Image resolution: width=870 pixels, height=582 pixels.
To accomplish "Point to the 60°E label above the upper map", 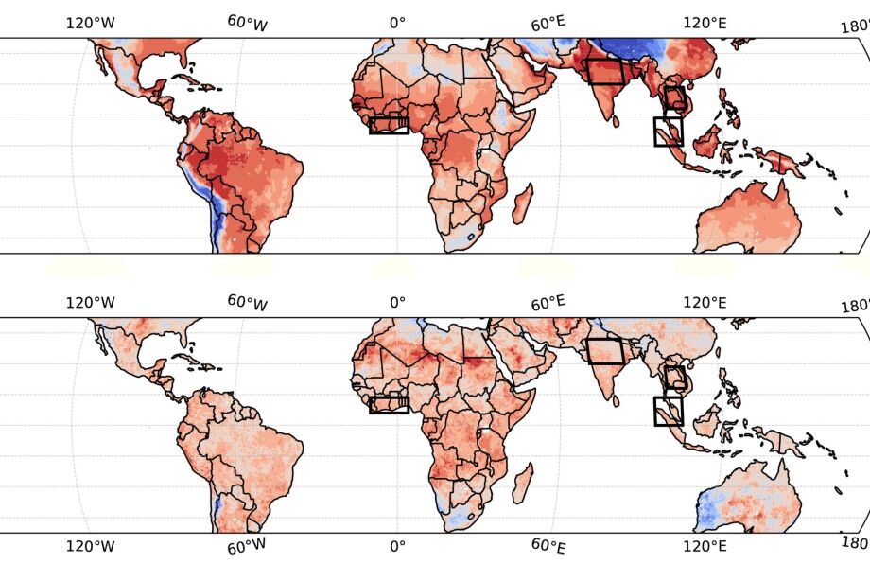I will pos(548,24).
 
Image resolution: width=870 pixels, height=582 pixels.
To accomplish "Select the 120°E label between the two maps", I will pos(704,303).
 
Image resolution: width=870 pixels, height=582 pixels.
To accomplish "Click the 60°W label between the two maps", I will pos(248,303).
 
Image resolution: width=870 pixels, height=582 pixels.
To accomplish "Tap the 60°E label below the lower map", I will pos(548,547).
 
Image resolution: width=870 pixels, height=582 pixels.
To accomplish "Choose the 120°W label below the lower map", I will pos(90,547).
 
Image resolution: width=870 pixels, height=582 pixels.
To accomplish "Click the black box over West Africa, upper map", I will pos(389,125).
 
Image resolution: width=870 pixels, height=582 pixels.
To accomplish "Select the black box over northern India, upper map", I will pos(605,72).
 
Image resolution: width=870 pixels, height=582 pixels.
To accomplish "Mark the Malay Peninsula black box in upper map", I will pos(668,131).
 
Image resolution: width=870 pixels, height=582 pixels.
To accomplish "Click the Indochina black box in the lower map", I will pos(674,379).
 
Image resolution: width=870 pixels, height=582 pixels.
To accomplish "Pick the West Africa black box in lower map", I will pos(389,405).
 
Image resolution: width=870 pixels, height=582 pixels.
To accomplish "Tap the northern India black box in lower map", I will pos(605,351).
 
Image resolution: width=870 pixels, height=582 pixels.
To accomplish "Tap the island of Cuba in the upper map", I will pos(201,84).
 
